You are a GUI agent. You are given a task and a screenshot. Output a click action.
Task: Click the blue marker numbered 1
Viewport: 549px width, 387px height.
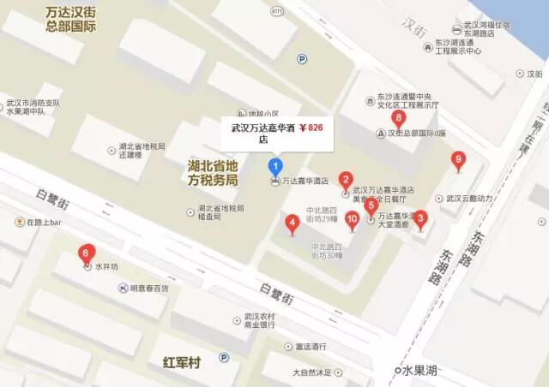coord(274,164)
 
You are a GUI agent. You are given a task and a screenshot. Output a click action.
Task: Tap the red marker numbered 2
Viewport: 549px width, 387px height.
coord(345,179)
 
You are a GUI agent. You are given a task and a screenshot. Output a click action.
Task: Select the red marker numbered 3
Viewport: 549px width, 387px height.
coord(419,217)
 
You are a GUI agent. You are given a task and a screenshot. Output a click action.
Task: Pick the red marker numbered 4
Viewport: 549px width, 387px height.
coord(292,224)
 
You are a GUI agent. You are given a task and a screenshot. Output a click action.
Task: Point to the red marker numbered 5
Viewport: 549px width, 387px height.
coord(371,205)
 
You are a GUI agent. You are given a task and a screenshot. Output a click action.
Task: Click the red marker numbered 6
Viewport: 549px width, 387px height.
coord(84,253)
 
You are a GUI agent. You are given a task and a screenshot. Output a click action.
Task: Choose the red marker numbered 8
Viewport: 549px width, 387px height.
coord(397,118)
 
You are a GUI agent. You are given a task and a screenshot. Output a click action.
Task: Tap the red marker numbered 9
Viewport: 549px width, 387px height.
coord(458,158)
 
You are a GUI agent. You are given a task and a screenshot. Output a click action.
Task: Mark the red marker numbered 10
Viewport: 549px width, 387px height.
coord(352,218)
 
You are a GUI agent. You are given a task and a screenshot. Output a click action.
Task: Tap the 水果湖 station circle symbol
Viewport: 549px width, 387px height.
coord(398,370)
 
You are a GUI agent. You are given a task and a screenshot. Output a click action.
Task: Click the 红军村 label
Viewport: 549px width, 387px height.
coord(181,363)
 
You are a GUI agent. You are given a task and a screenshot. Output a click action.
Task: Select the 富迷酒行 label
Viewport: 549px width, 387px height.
coord(312,347)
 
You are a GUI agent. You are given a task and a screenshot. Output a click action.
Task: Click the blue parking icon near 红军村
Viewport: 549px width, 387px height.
coord(224,358)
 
